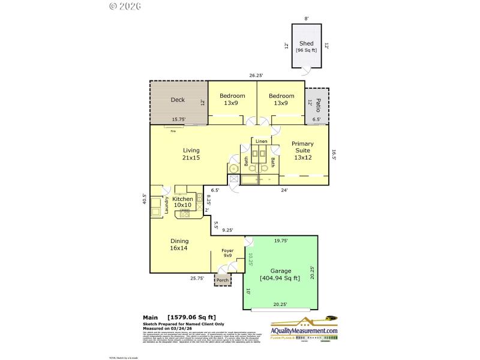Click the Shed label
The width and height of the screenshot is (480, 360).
[306, 44]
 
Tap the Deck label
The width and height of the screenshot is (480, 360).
[178, 100]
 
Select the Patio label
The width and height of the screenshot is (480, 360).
[319, 103]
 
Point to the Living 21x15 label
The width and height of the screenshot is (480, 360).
[191, 154]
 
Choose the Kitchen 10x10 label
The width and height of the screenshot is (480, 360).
[183, 202]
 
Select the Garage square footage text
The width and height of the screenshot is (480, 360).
[280, 278]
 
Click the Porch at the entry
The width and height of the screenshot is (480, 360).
[223, 280]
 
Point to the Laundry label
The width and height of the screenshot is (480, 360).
[167, 206]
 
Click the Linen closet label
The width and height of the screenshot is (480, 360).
[261, 141]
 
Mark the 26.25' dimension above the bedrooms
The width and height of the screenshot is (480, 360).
[256, 76]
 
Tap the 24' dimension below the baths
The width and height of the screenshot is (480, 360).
[284, 190]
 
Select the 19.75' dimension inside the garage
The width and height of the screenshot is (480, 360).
[280, 241]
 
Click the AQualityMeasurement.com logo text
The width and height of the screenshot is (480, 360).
[304, 331]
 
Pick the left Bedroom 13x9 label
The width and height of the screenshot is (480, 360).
[232, 100]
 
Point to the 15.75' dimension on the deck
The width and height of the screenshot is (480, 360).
[178, 119]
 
